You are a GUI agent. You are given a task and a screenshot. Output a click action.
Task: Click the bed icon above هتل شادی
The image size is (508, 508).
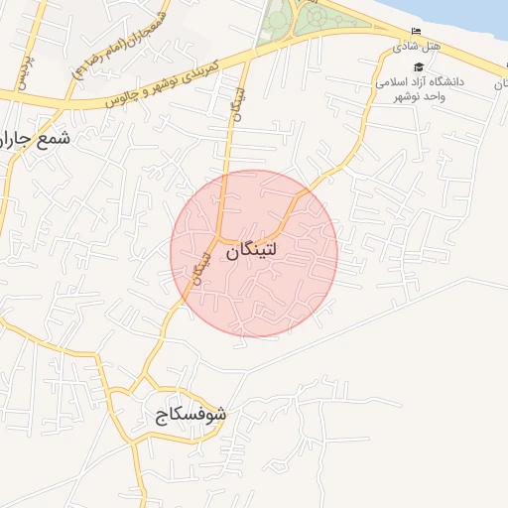tap(415, 32)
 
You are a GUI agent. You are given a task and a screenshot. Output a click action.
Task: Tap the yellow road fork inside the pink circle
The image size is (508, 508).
tap(220, 241)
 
